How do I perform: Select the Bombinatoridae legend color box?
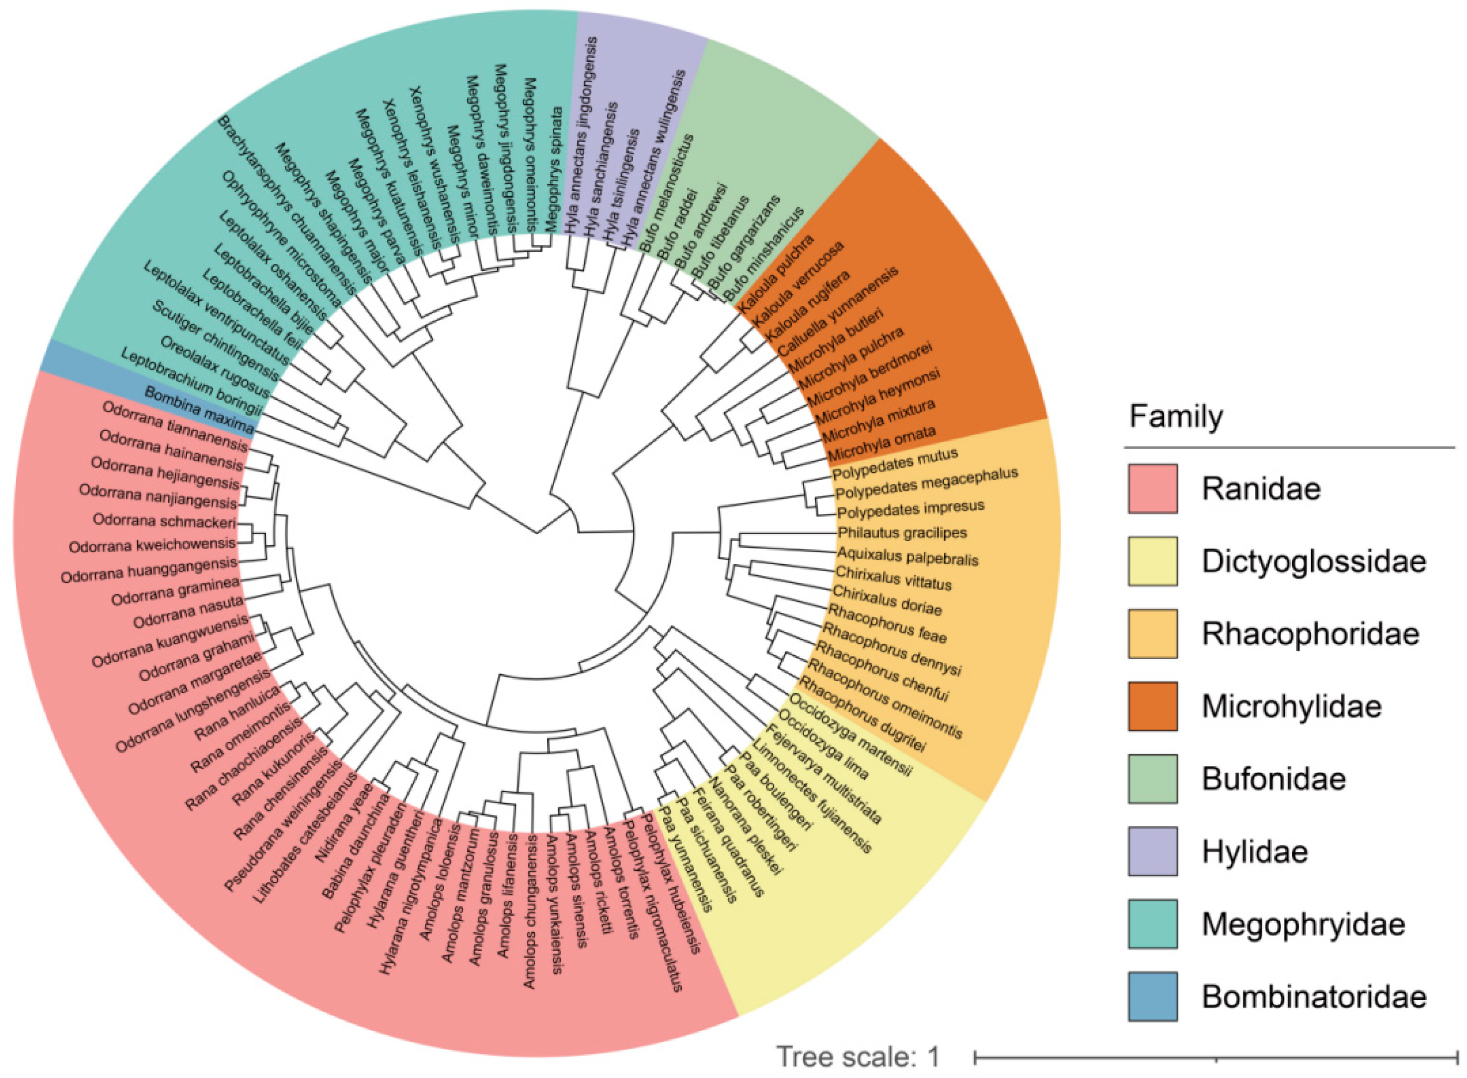pyautogui.click(x=1152, y=996)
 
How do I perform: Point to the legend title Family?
pyautogui.click(x=1176, y=416)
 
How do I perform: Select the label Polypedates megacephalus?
pyautogui.click(x=926, y=483)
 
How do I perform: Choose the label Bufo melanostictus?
pyautogui.click(x=667, y=192)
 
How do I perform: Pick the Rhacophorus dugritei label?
pyautogui.click(x=862, y=714)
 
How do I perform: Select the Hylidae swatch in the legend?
pyautogui.click(x=1152, y=851)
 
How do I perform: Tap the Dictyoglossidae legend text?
pyautogui.click(x=1314, y=561)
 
